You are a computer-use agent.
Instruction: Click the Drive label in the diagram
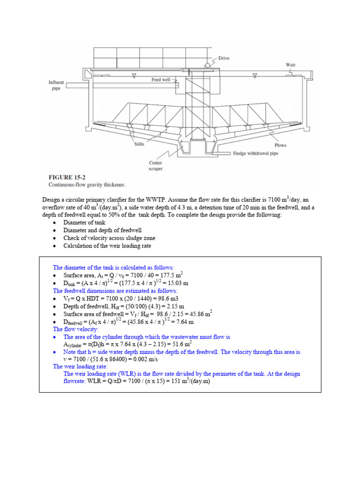(x=224, y=59)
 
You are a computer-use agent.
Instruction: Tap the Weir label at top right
(x=291, y=65)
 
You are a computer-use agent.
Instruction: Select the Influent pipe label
(x=56, y=85)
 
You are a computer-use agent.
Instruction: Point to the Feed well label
(x=160, y=80)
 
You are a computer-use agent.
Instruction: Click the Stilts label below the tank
(x=139, y=145)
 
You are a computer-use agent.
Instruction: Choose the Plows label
(x=280, y=145)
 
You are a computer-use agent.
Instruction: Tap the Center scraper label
(x=156, y=165)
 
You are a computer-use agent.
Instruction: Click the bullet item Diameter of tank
(x=84, y=223)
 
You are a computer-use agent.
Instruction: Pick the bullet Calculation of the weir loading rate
(x=107, y=246)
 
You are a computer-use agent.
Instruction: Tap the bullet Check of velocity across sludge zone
(x=106, y=238)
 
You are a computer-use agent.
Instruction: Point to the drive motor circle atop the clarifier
(x=208, y=64)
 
